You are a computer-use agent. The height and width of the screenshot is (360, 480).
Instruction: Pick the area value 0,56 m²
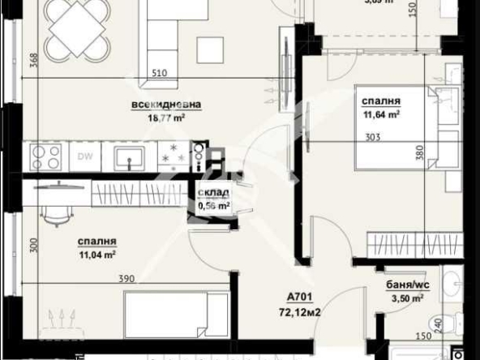click(x=214, y=206)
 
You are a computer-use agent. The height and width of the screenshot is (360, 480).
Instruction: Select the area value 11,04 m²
click(x=96, y=254)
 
